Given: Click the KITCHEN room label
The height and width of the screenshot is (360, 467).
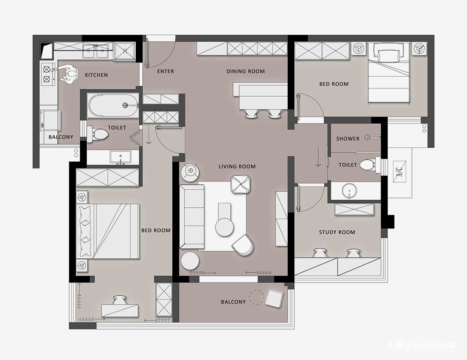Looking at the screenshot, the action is pyautogui.click(x=96, y=75).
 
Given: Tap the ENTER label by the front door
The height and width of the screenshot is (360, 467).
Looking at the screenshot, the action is pyautogui.click(x=166, y=71).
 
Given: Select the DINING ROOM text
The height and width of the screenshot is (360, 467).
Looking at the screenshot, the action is pyautogui.click(x=245, y=71).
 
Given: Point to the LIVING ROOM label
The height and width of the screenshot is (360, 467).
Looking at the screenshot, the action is pyautogui.click(x=237, y=167).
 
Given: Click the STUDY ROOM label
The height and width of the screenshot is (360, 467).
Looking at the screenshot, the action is pyautogui.click(x=337, y=232).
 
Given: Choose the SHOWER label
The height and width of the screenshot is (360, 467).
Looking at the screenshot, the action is pyautogui.click(x=348, y=139).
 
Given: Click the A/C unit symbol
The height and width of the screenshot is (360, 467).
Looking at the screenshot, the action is pyautogui.click(x=400, y=172).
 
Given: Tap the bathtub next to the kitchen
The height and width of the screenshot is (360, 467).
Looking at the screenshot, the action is pyautogui.click(x=113, y=105).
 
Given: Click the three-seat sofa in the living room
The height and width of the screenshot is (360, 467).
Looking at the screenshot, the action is pyautogui.click(x=192, y=216).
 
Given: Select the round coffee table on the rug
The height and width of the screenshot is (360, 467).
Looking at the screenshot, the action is pyautogui.click(x=225, y=228).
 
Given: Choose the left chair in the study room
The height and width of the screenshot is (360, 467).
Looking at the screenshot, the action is pyautogui.click(x=320, y=253).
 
